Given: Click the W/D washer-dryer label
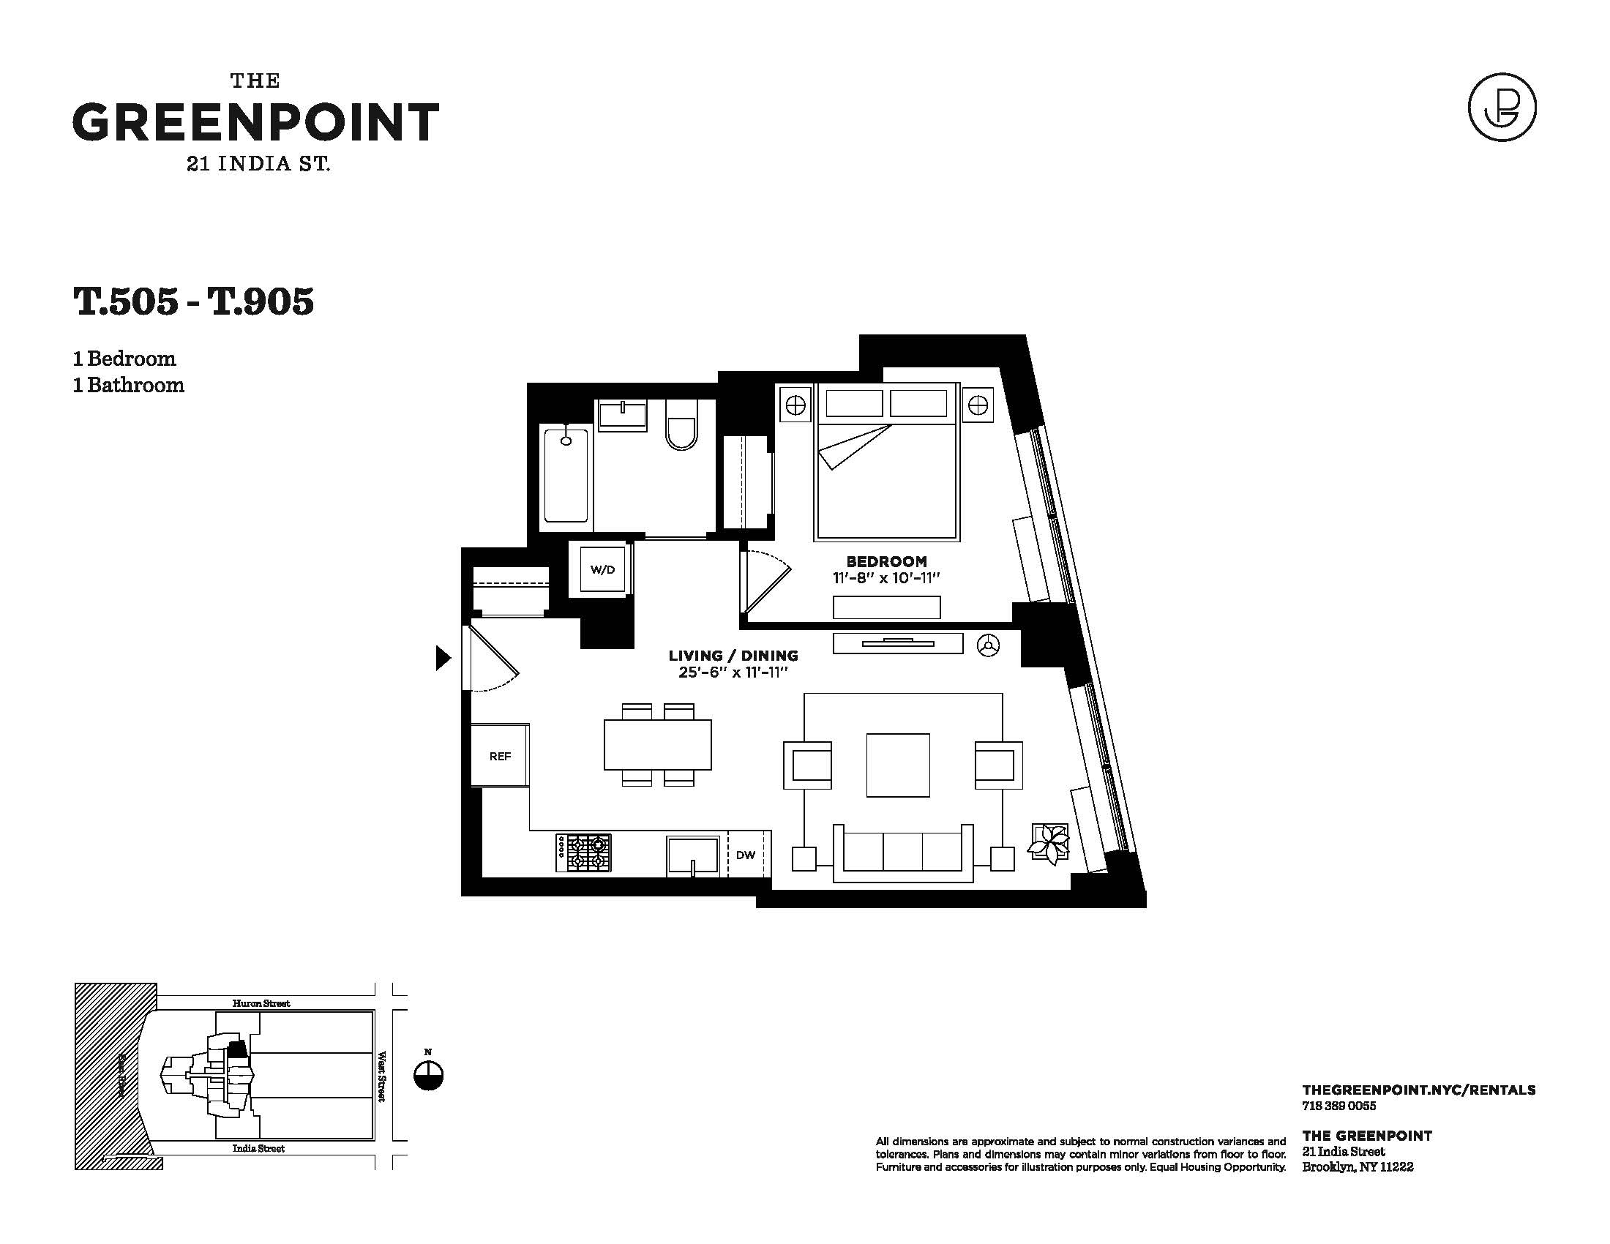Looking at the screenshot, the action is pos(602,569).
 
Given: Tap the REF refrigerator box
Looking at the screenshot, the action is pos(500,755).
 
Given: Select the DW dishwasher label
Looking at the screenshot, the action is pos(746,855).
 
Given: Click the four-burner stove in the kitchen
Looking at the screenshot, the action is pos(584,853).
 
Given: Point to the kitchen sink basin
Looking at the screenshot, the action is pos(693,855).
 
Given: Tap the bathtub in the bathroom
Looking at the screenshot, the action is pos(566,476).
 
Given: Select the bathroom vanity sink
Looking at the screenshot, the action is pos(623,414).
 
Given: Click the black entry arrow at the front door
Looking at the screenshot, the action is pos(443,657).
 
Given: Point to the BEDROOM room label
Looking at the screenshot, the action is pos(886,561).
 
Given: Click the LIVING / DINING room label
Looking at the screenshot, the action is pos(733,655).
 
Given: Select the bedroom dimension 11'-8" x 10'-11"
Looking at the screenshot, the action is pos(886,579).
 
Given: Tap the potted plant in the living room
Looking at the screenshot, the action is pos(1049,843).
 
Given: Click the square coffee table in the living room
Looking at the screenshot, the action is pos(898,765).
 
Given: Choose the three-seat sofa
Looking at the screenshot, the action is pos(903,853).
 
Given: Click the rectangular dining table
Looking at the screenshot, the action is pos(658,744).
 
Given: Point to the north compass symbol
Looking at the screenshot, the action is pos(428,1075).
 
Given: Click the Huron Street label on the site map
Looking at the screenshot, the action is pos(261,1003).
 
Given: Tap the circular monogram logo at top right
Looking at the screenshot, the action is pos(1502,107).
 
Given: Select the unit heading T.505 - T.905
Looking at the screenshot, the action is pos(194,301).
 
